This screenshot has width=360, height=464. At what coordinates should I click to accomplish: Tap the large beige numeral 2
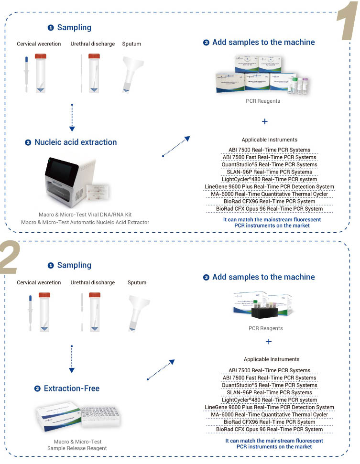tap(10, 259)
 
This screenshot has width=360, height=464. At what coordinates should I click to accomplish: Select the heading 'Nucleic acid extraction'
tap(76, 142)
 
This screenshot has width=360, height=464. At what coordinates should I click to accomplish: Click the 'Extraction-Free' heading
tap(72, 388)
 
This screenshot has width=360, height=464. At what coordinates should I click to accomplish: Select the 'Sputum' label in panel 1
tap(131, 44)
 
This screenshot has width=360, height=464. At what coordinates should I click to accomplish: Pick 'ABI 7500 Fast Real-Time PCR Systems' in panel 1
tap(269, 157)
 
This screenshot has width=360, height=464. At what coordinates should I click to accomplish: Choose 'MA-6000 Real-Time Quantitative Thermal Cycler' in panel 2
tap(269, 415)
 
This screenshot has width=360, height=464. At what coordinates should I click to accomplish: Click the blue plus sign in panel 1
tap(265, 121)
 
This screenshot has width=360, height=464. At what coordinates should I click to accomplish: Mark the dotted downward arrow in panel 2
tap(72, 358)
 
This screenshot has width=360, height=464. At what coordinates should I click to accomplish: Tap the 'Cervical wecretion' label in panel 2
tap(39, 282)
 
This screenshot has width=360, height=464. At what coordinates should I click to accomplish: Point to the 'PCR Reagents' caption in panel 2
tap(265, 328)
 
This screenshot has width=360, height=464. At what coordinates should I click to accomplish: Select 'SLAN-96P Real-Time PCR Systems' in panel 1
tap(269, 172)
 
